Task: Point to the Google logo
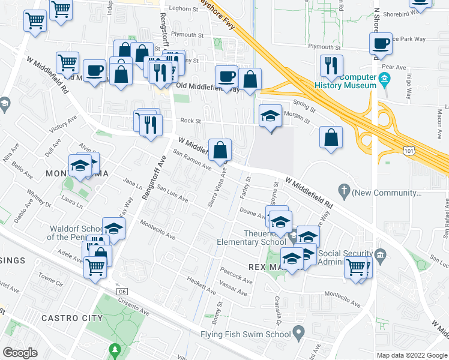(20, 353)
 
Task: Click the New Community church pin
(345, 192)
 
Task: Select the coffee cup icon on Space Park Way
(381, 43)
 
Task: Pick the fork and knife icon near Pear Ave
(331, 65)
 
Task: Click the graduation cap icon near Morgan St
(270, 115)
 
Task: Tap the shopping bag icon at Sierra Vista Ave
(220, 149)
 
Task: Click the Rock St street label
(190, 121)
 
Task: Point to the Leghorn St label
(184, 9)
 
